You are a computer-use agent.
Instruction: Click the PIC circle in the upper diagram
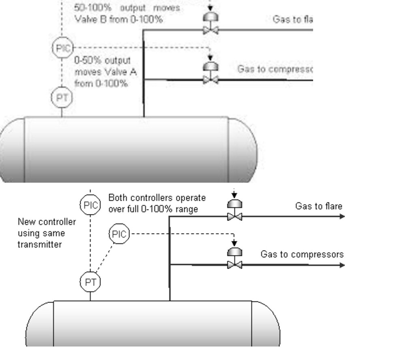click(62, 48)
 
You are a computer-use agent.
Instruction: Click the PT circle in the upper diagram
click(62, 98)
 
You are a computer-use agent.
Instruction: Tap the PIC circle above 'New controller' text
click(90, 205)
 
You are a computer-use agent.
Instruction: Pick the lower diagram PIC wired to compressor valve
click(119, 234)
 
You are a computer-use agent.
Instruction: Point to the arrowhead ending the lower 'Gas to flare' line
click(343, 216)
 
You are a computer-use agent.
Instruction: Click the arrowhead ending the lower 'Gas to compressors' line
click(343, 265)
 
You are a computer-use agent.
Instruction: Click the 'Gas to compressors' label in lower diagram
click(302, 255)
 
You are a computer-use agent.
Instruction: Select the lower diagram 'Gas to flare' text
click(318, 206)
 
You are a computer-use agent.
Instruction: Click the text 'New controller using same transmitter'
click(46, 233)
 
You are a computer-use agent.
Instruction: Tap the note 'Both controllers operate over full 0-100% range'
click(157, 203)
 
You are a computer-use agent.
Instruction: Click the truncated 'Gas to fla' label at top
click(292, 19)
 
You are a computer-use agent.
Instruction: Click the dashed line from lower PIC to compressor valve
click(182, 234)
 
